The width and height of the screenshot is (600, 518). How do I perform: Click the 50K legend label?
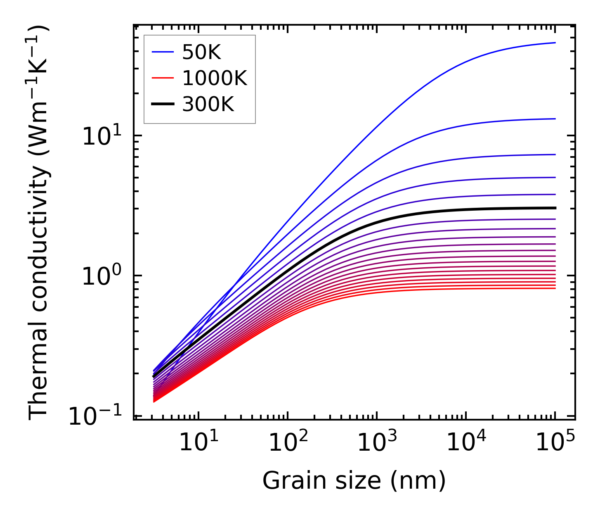point(202,52)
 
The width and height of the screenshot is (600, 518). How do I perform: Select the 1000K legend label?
point(215,78)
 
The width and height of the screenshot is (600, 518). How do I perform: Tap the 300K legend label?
point(208,105)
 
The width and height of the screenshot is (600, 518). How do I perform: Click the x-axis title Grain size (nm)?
point(354,481)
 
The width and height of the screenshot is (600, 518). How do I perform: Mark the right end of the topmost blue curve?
point(555,43)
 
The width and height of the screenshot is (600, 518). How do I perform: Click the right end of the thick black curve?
point(555,208)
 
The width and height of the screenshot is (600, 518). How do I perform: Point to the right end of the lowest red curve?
point(555,288)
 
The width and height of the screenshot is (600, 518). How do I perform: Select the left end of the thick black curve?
point(154,376)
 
